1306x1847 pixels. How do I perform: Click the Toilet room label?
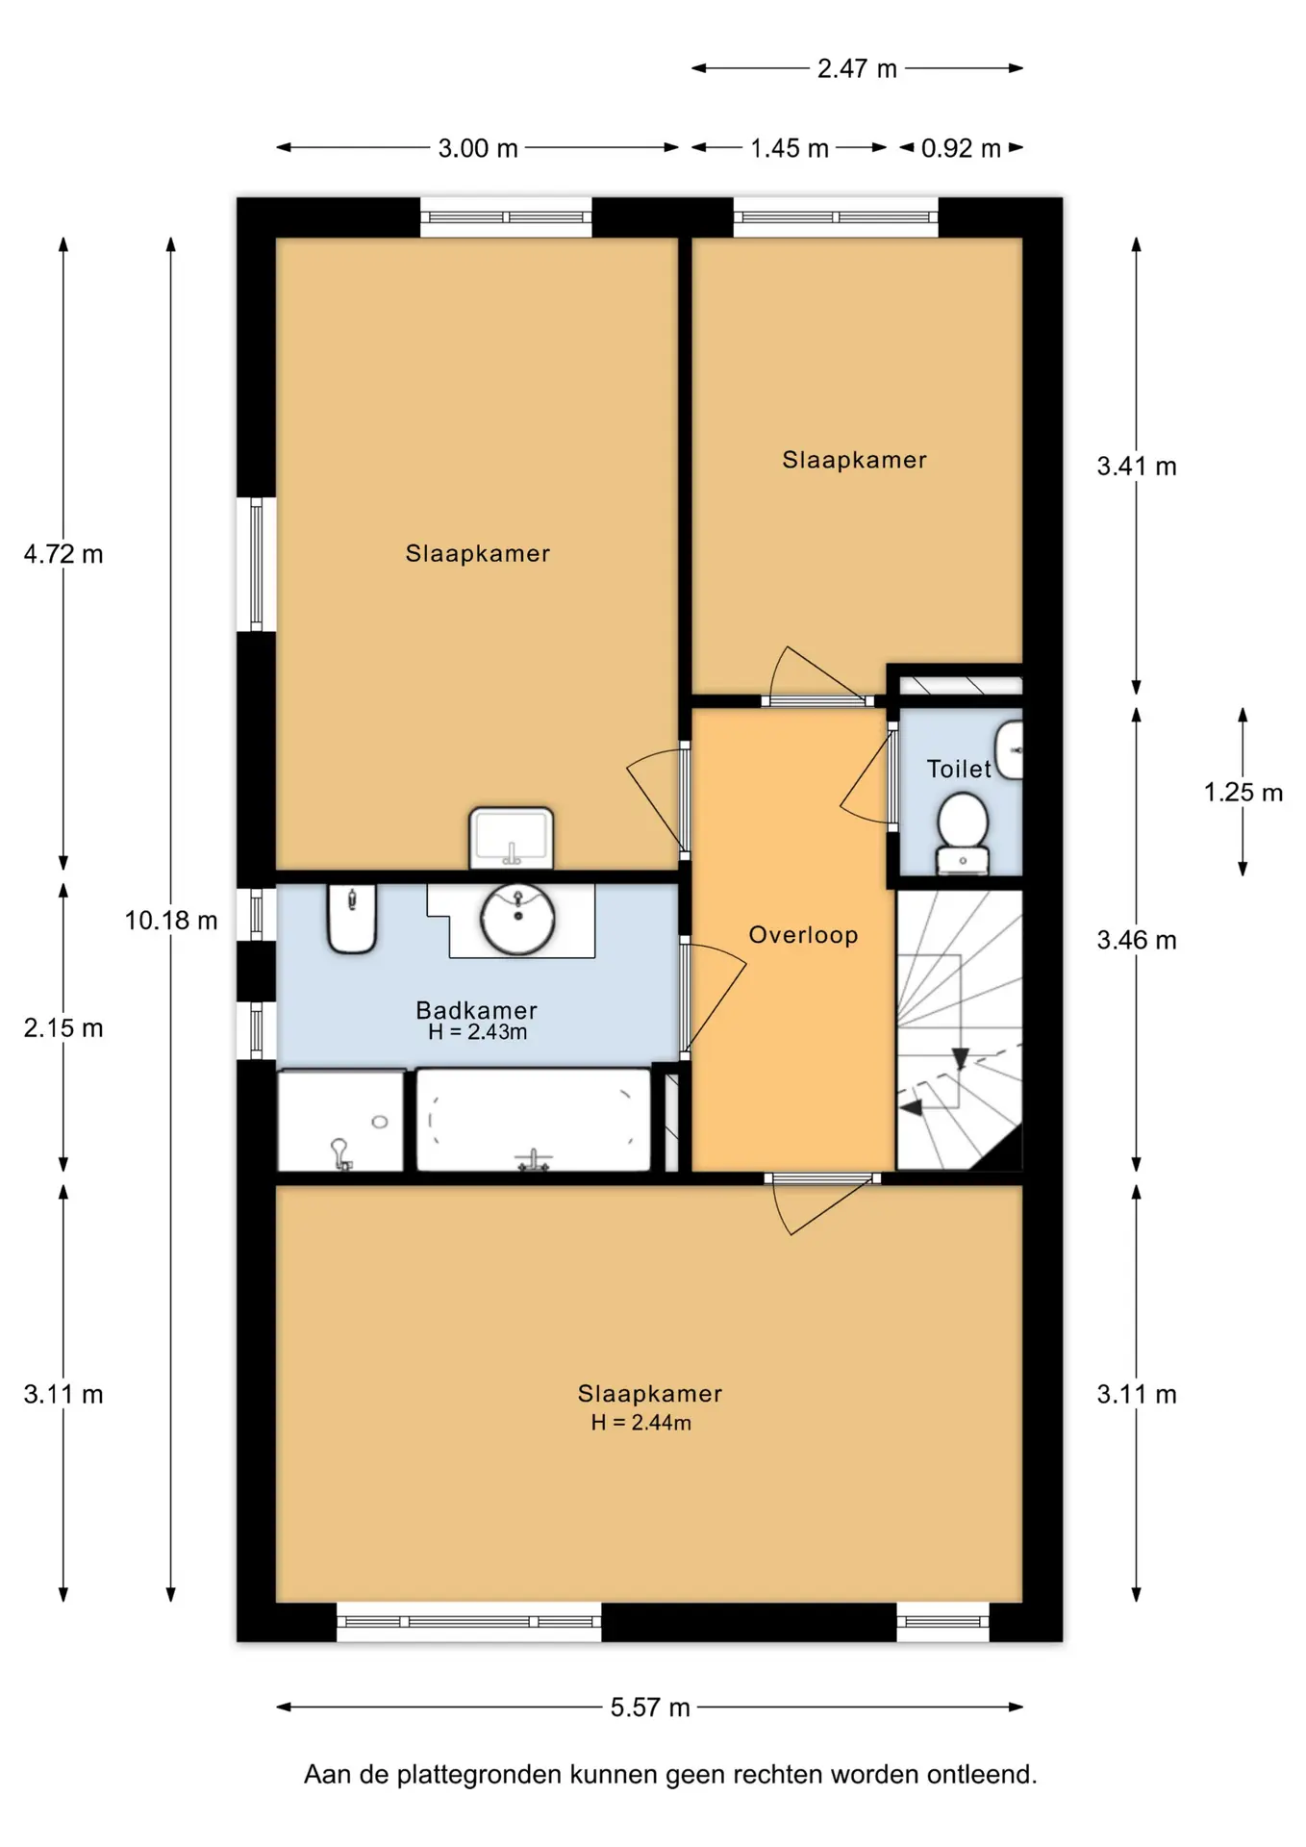click(x=958, y=769)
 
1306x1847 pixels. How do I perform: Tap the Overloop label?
click(x=803, y=935)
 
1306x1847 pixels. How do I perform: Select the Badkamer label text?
click(x=476, y=1010)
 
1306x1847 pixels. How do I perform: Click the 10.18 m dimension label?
click(x=171, y=921)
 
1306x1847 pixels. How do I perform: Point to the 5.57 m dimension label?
click(x=650, y=1708)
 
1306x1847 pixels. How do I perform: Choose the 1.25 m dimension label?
click(x=1243, y=793)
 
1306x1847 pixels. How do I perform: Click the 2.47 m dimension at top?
click(x=857, y=68)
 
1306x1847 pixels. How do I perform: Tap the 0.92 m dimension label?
click(x=961, y=148)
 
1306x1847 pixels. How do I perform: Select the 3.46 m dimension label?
click(x=1137, y=940)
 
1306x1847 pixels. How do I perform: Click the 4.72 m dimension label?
click(x=63, y=554)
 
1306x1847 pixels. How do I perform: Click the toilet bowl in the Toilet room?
click(x=963, y=832)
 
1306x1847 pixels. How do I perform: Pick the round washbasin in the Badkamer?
click(x=517, y=920)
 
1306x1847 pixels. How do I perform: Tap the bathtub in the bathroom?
click(x=534, y=1120)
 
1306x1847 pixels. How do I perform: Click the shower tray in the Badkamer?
click(x=340, y=1121)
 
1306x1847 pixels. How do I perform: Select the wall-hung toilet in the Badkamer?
click(x=352, y=919)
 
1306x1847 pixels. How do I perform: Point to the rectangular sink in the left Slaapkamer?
click(x=511, y=838)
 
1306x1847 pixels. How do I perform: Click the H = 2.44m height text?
click(x=640, y=1423)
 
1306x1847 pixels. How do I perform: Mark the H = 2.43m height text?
click(x=477, y=1032)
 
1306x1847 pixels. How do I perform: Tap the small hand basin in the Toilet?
click(x=1009, y=750)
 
